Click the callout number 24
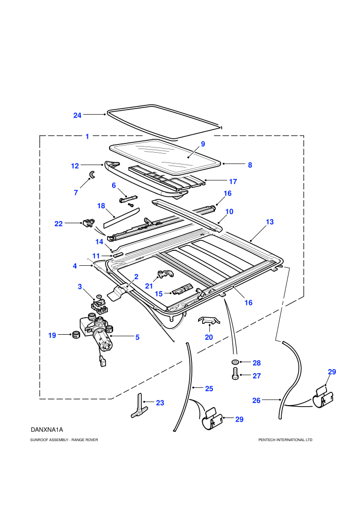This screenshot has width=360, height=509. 77,115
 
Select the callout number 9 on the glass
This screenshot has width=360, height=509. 203,144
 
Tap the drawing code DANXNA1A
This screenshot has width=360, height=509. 47,430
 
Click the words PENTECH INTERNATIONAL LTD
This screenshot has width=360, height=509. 285,440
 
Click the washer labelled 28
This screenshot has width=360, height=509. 235,362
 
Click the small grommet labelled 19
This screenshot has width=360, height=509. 76,334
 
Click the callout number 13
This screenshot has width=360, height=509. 270,222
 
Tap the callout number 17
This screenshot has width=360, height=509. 233,182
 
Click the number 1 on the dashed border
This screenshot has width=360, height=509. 87,137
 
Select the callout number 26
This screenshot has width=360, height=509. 257,401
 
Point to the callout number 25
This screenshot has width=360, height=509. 209,389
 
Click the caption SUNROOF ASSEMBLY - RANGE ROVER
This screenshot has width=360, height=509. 64,440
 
